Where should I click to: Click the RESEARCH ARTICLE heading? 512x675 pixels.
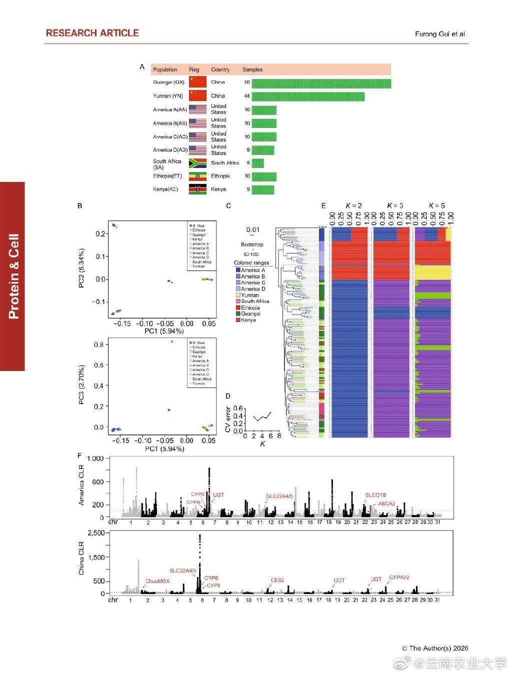[x=92, y=33]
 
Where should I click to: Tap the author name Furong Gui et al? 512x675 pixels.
[x=440, y=34]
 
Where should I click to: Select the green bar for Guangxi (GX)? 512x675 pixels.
[x=321, y=83]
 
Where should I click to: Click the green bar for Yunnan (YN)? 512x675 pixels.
[x=307, y=96]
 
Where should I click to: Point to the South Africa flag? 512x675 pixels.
[x=197, y=163]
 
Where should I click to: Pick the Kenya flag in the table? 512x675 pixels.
[x=197, y=189]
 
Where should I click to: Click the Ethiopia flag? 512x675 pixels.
[x=197, y=176]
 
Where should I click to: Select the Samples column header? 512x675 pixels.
[x=252, y=69]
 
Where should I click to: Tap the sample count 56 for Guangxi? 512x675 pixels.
[x=247, y=82]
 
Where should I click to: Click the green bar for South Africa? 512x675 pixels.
[x=257, y=163]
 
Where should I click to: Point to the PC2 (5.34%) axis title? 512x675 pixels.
[x=81, y=267]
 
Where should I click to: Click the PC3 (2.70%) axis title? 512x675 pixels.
[x=81, y=384]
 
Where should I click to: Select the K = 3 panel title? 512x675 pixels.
[x=395, y=205]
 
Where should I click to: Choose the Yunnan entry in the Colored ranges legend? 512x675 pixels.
[x=249, y=295]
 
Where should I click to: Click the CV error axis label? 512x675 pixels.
[x=228, y=419]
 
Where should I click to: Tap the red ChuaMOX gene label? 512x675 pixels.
[x=157, y=581]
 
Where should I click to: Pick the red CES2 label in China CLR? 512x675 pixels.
[x=277, y=580]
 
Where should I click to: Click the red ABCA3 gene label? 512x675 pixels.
[x=386, y=503]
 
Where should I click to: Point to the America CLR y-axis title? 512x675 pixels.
[x=81, y=485]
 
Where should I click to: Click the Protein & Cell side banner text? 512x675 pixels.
[x=13, y=276]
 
